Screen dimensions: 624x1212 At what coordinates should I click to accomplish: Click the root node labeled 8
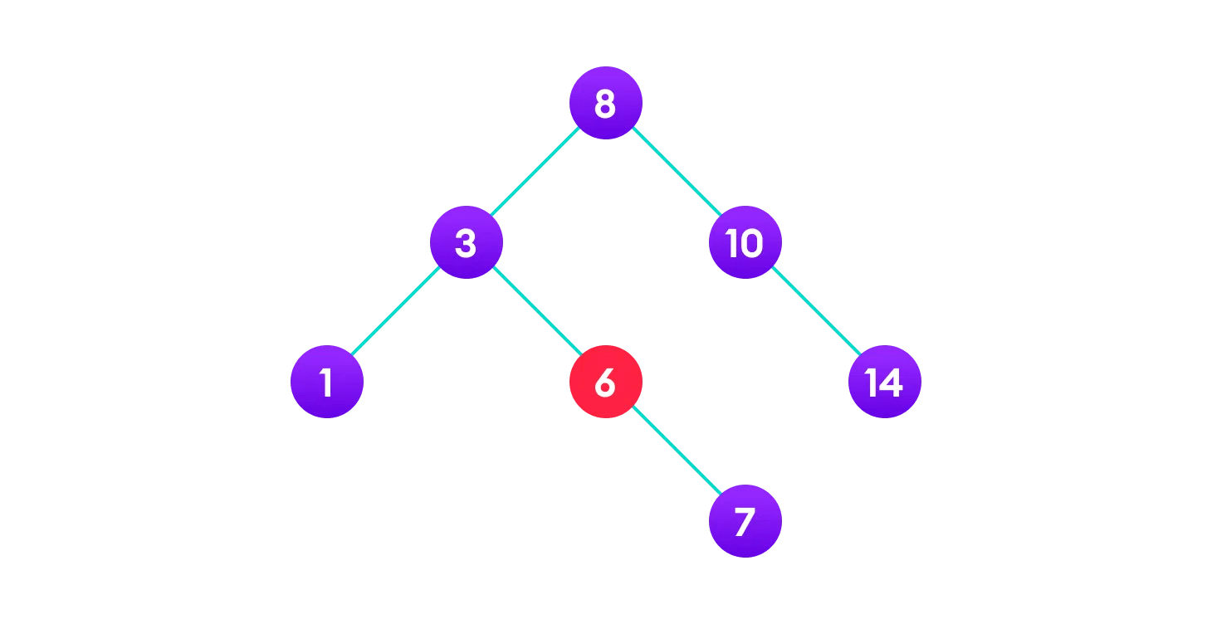point(605,103)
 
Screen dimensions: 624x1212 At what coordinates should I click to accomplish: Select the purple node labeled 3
point(466,242)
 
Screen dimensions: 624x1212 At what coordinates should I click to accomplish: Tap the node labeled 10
point(745,242)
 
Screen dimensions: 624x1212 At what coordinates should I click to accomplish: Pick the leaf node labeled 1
point(326,382)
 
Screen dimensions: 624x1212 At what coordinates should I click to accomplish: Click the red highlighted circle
point(605,382)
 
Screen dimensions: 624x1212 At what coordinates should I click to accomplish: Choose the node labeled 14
point(884,382)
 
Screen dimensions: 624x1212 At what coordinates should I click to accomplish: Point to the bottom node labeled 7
point(745,521)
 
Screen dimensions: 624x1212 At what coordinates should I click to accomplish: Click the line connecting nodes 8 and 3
point(535,173)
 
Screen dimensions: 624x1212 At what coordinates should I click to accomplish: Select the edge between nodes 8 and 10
point(675,173)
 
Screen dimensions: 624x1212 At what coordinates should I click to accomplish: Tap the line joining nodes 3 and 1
point(396,312)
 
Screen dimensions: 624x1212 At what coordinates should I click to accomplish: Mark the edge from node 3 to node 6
point(535,312)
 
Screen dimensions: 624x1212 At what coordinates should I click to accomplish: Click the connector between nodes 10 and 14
point(814,312)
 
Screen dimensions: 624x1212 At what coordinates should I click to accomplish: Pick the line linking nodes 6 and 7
point(675,451)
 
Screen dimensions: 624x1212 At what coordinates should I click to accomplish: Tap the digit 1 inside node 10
point(732,243)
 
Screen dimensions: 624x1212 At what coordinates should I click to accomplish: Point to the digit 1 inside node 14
point(872,383)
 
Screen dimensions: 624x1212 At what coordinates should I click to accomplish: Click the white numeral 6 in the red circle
point(605,383)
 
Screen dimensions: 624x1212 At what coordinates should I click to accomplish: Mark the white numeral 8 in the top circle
point(605,104)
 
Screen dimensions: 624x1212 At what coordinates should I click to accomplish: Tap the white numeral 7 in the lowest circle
point(745,522)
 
